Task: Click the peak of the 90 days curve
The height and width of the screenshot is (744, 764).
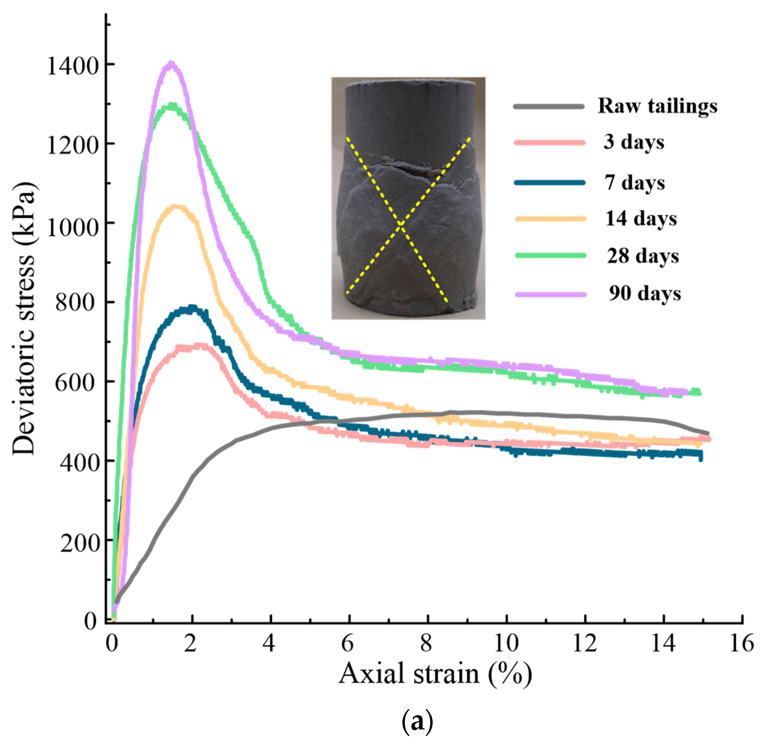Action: [171, 64]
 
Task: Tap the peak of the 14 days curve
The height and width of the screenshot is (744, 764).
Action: [177, 207]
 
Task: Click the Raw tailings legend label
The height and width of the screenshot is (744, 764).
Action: [657, 106]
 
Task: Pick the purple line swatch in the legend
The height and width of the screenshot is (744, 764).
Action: [550, 294]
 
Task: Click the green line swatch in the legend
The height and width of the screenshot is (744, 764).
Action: [550, 255]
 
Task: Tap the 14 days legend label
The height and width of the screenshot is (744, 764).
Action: [641, 218]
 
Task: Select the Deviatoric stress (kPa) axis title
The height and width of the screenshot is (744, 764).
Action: [24, 318]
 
